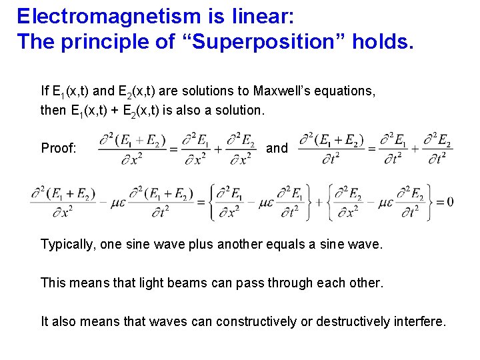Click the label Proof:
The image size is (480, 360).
click(x=59, y=148)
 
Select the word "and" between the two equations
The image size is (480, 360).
click(x=277, y=148)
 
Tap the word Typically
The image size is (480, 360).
click(x=68, y=245)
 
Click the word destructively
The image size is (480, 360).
click(x=357, y=321)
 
